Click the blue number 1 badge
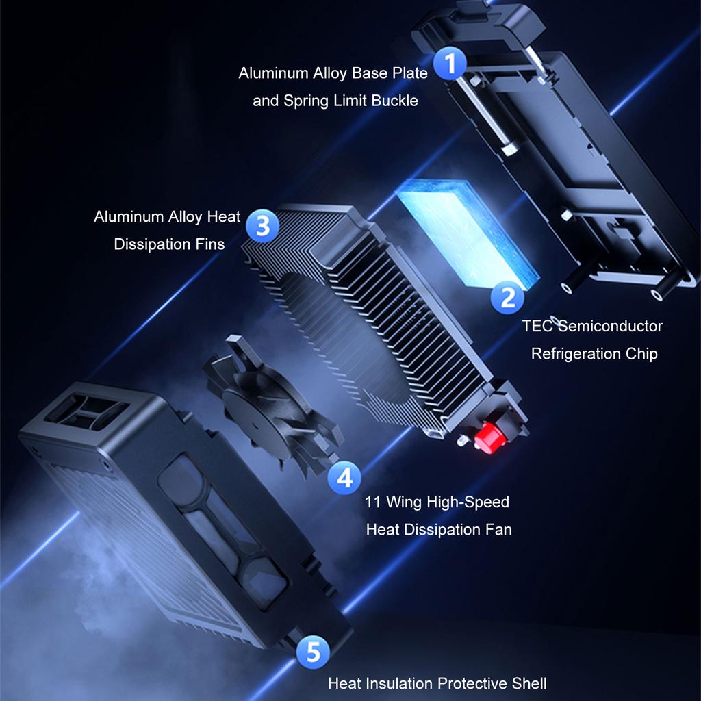point(450,63)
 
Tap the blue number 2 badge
point(507,297)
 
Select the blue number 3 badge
point(262,226)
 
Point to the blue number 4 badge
point(344,478)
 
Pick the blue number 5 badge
point(313,652)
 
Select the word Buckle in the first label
point(395,101)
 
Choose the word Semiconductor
point(610,326)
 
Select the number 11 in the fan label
point(372,502)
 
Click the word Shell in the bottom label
point(529,683)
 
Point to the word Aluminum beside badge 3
point(129,216)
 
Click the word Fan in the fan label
point(498,530)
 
